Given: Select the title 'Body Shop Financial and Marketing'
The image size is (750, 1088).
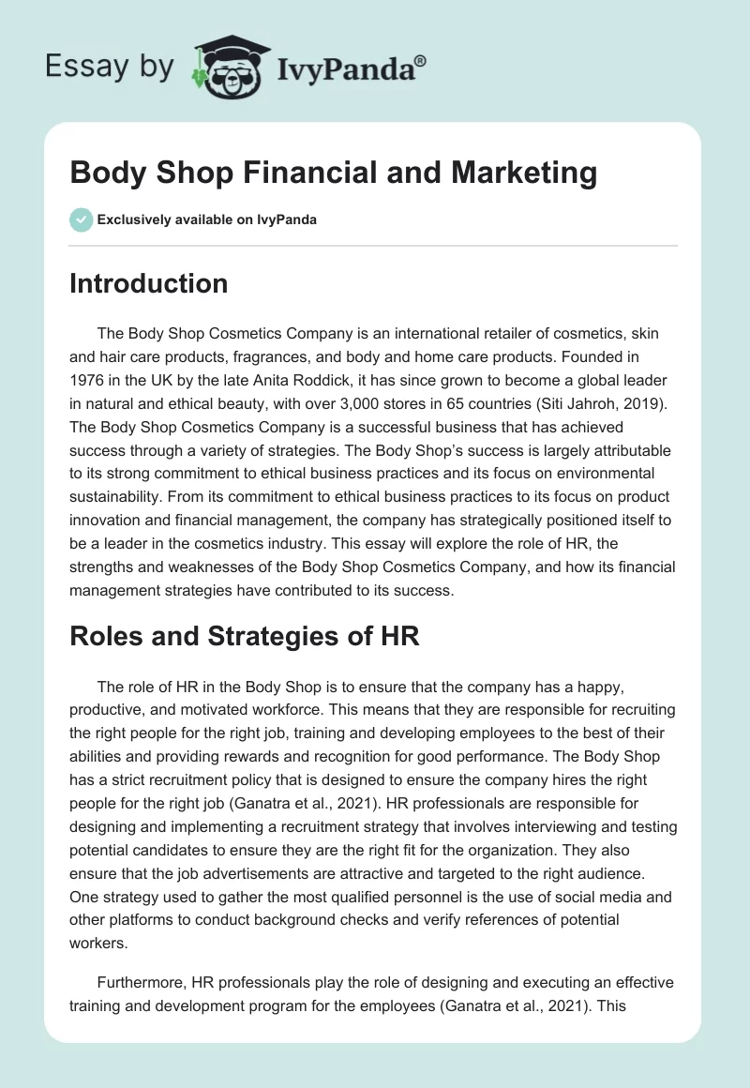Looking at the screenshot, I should point(333,174).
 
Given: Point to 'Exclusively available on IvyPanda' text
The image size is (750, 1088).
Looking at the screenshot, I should point(207,219).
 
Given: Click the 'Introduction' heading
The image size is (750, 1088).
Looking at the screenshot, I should point(148,283).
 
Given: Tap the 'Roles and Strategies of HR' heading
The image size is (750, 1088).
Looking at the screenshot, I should point(244,636).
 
